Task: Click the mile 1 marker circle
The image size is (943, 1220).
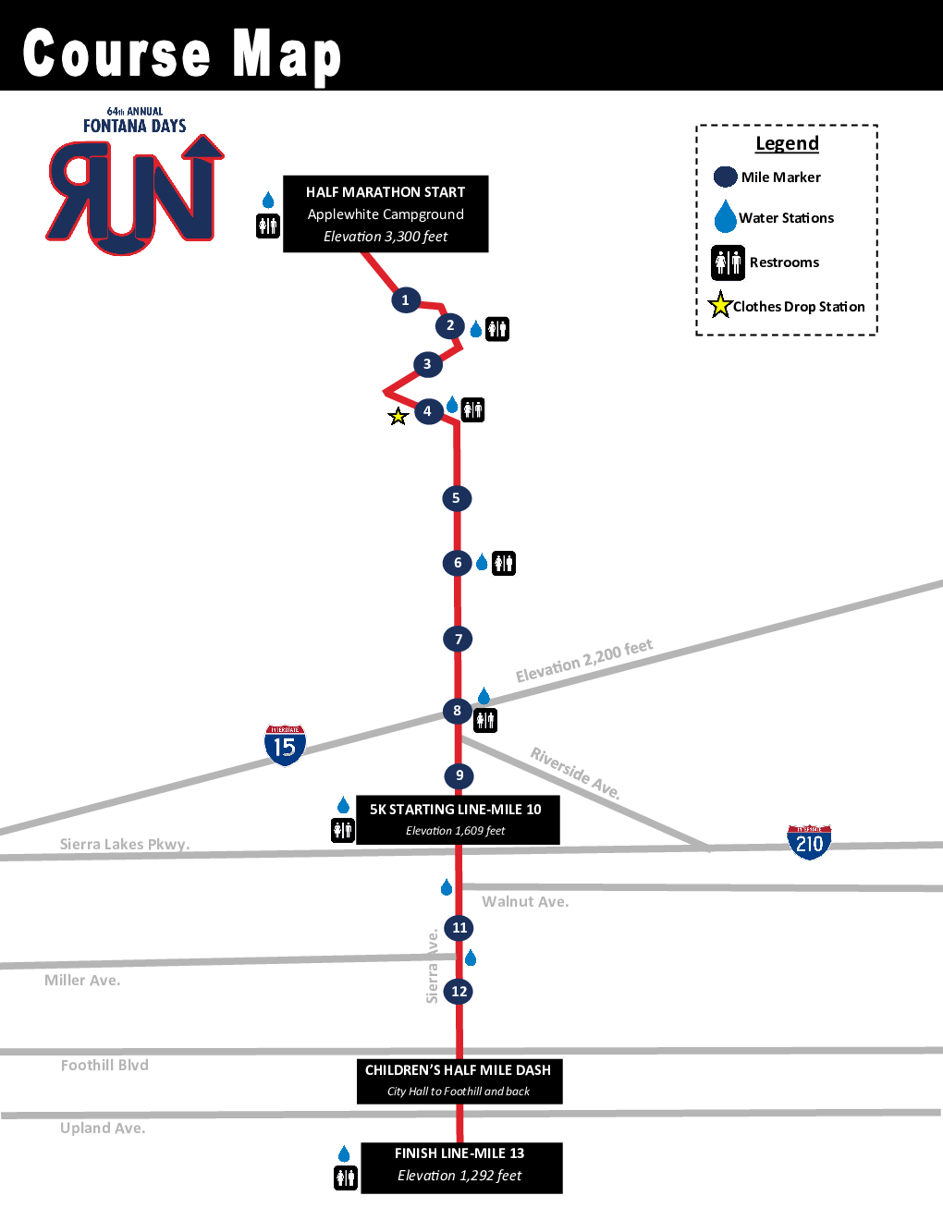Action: click(405, 300)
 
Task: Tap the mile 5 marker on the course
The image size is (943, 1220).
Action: click(456, 498)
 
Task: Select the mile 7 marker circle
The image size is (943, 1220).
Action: click(458, 639)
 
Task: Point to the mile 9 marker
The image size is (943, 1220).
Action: click(459, 775)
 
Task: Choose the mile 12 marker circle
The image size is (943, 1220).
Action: click(459, 992)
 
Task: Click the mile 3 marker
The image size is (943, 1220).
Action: click(427, 364)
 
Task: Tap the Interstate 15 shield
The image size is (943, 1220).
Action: click(285, 744)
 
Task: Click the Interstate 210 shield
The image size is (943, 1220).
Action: click(809, 842)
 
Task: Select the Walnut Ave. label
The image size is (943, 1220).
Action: click(525, 902)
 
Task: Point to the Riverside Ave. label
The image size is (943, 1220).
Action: click(575, 772)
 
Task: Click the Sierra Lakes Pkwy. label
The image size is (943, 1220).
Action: click(125, 844)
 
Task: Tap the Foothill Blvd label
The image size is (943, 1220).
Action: click(104, 1066)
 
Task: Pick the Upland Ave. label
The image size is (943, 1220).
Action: click(103, 1128)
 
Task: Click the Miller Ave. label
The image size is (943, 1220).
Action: click(82, 981)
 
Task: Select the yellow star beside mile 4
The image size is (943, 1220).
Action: click(398, 417)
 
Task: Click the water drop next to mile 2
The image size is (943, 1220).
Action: click(475, 329)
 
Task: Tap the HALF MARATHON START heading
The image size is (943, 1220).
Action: click(386, 192)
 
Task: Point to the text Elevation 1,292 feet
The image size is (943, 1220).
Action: click(459, 1176)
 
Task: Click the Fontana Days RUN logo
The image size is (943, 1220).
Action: click(135, 185)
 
